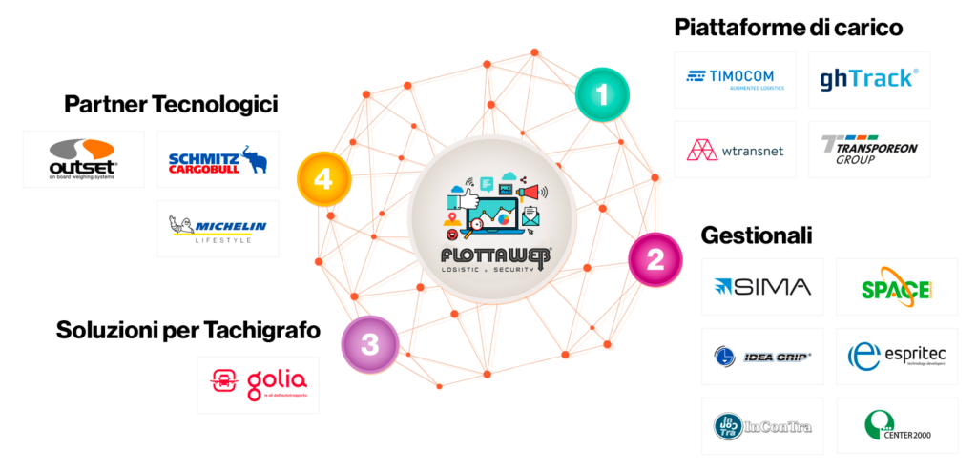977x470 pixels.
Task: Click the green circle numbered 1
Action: pos(602,93)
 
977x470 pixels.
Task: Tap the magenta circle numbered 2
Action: pos(655,258)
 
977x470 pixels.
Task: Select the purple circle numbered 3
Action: pos(369,343)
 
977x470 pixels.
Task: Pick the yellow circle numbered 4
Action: pos(322,178)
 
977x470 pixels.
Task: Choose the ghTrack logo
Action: pos(868,78)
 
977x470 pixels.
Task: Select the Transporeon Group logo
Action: pos(868,149)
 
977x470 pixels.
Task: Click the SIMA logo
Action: pos(761,287)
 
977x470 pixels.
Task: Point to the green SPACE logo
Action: pos(896,288)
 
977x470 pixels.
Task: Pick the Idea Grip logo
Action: pos(761,357)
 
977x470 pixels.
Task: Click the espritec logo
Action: pos(896,357)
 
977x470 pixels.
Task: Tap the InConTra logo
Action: pos(761,425)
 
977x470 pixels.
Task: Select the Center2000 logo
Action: pos(896,426)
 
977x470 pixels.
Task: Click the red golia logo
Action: pos(258,384)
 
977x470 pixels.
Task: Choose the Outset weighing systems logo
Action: pos(83,158)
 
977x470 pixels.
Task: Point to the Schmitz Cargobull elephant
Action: pos(253,160)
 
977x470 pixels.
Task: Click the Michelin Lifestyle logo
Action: pos(218,228)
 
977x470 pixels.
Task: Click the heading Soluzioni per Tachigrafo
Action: pos(188,331)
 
